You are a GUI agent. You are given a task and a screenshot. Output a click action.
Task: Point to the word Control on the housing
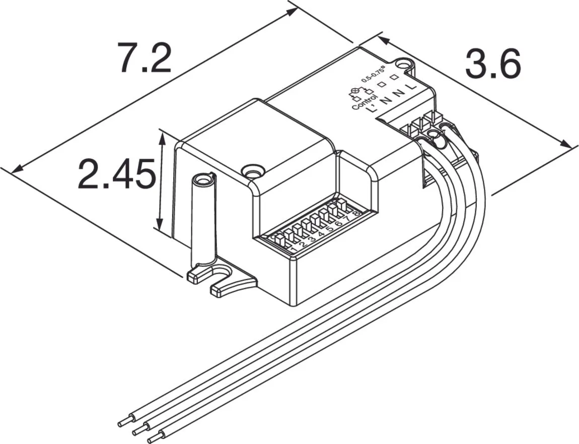[x=361, y=100]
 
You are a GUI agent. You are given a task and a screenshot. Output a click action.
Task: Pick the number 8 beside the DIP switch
[x=356, y=213]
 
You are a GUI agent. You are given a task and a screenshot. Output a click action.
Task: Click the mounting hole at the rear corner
[x=403, y=65]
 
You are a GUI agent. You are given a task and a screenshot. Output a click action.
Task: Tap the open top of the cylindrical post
[x=203, y=179]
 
